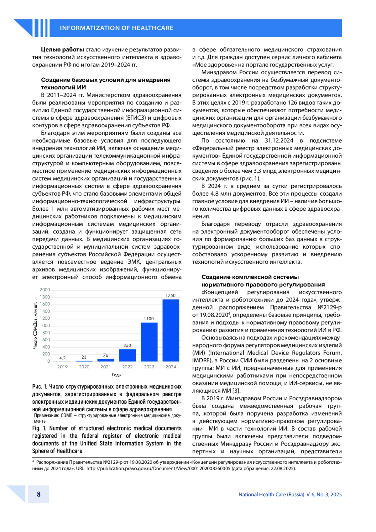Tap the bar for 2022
click(x=127, y=355)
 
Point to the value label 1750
click(x=170, y=295)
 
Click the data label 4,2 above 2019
click(x=62, y=358)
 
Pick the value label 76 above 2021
click(x=106, y=355)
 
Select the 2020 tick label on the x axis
click(x=84, y=367)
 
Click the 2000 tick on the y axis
click(x=44, y=290)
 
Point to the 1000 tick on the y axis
click(x=44, y=325)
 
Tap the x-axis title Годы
click(x=117, y=375)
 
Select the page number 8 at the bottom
click(x=39, y=494)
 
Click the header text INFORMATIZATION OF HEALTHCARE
click(x=117, y=28)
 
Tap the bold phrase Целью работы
click(x=62, y=50)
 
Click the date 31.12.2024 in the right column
click(x=279, y=140)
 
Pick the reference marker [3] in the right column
click(x=236, y=391)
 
